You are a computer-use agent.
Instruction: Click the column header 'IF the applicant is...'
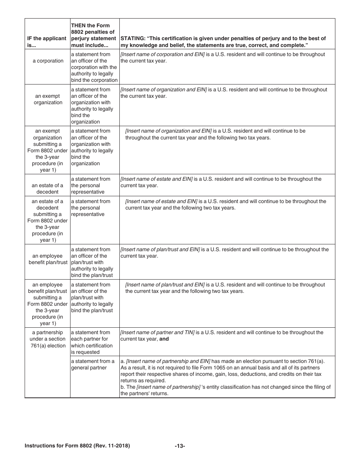47,42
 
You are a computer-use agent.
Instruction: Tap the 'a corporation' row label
48,61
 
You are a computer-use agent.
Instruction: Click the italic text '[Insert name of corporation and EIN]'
162,55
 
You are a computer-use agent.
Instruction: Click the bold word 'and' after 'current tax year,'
164,339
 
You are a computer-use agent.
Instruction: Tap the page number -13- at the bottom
180,446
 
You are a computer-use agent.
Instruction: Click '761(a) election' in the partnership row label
48,346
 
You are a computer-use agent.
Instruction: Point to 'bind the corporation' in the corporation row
94,80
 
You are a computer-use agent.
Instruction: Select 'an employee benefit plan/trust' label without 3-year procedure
48,259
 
